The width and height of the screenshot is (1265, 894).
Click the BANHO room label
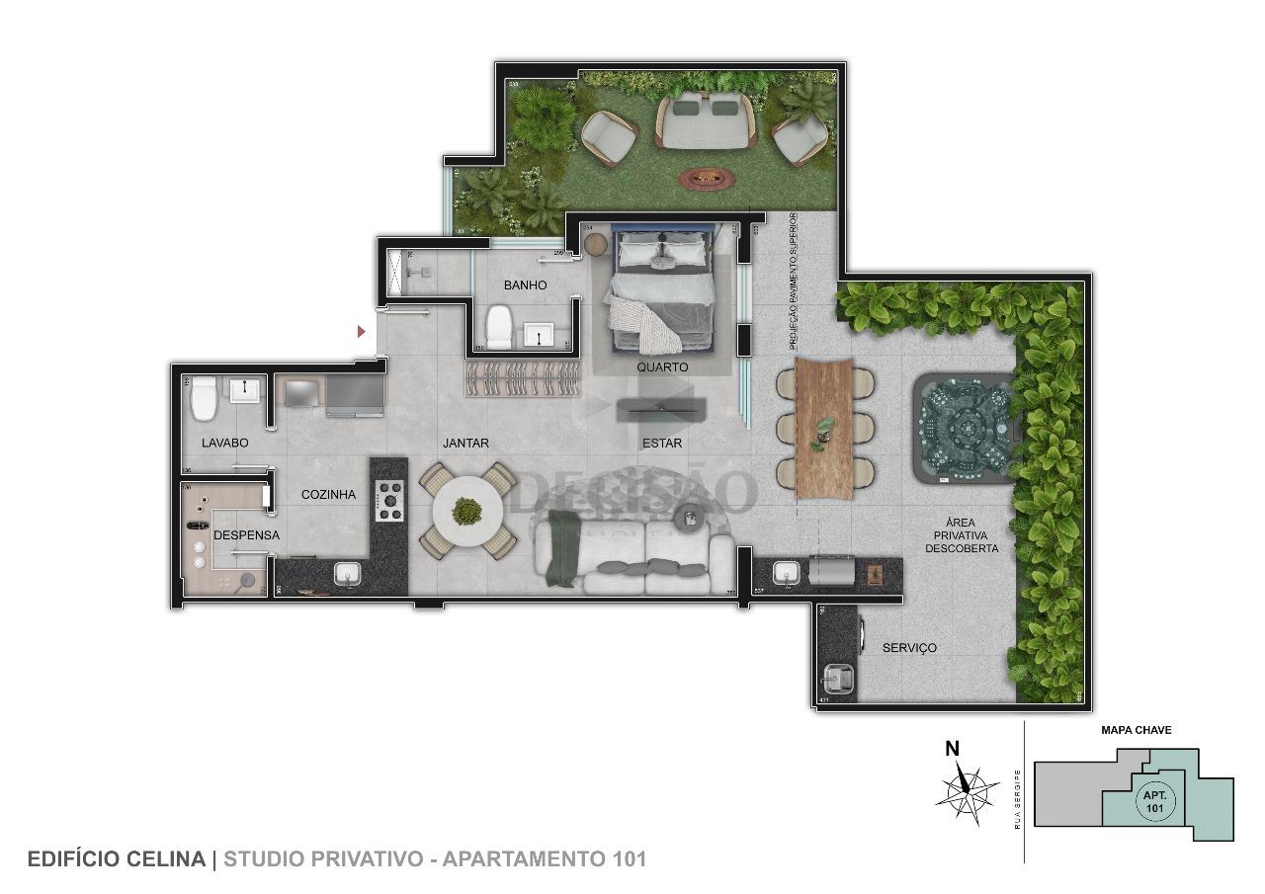525,285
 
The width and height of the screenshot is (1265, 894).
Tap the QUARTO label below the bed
662,366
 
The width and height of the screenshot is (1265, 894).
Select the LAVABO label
225,444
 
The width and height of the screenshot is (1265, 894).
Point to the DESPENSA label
246,535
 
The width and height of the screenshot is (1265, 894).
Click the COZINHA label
328,495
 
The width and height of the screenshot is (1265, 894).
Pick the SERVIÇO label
909,648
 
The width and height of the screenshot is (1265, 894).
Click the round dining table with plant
467,511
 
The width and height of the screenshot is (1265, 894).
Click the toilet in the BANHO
498,327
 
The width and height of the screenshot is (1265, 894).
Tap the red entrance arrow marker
362,331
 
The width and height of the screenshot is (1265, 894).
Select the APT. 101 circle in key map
1154,801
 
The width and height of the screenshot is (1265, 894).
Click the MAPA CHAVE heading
1136,731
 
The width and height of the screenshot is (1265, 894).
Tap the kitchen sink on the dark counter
347,573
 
